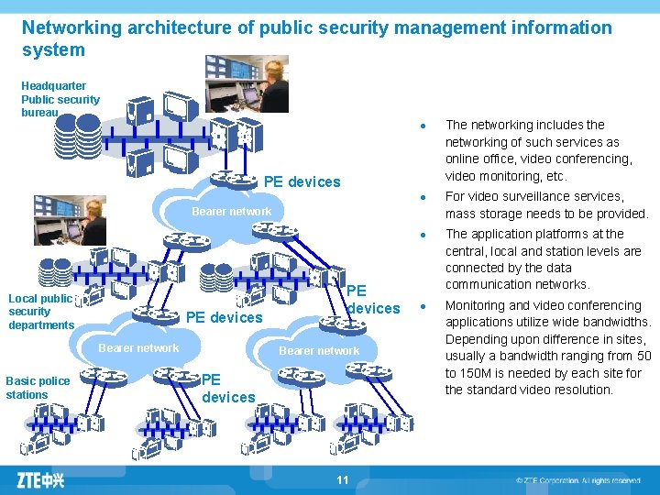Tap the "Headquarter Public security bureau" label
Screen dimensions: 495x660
click(x=60, y=99)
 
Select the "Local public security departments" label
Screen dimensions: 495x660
click(x=40, y=312)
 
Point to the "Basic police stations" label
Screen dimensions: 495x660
click(x=38, y=388)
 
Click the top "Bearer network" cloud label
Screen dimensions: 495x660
click(x=231, y=212)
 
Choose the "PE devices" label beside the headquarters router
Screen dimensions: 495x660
click(x=302, y=181)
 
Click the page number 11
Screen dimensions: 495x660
click(x=343, y=479)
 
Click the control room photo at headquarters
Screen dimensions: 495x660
click(x=247, y=83)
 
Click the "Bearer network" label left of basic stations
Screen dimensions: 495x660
click(x=138, y=347)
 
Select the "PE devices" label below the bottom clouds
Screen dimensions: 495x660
click(x=227, y=388)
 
